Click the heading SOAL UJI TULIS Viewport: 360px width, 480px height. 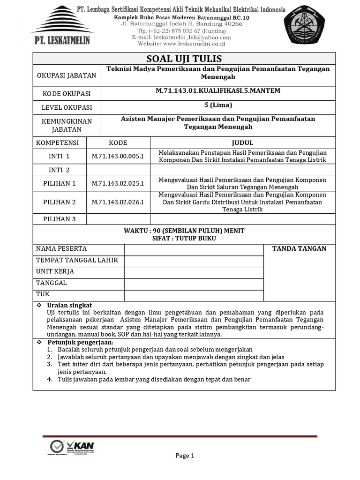(184, 59)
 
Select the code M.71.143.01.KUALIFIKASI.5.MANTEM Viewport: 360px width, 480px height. (218, 90)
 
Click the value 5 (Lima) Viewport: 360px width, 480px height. (218, 105)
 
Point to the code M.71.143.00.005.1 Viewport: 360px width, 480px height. (118, 156)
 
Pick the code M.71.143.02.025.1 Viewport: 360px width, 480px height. (118, 183)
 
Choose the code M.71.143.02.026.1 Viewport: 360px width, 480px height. (118, 202)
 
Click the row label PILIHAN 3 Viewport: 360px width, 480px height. (60, 219)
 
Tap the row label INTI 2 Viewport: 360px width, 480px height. (60, 170)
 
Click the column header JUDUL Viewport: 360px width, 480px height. (242, 143)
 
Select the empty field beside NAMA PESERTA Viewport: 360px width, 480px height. (194, 249)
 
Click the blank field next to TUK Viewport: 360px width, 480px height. (194, 295)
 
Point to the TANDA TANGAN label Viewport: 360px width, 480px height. (299, 248)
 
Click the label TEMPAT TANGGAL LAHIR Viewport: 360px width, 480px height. (77, 260)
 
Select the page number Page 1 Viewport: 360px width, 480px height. (185, 456)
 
